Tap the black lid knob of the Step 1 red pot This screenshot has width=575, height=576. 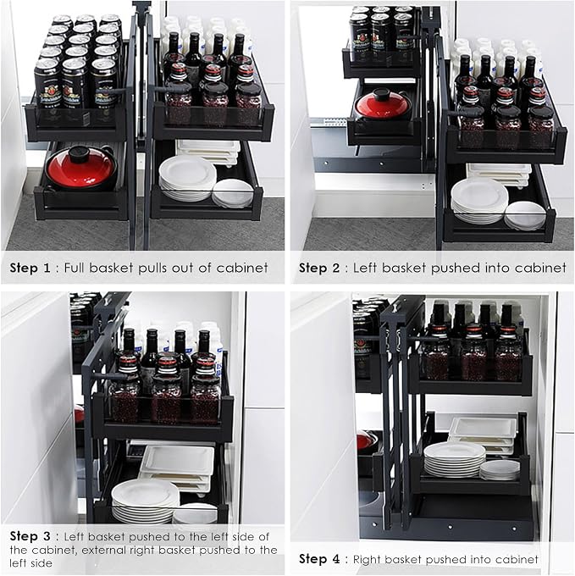[81, 154]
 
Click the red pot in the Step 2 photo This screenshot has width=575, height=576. [380, 104]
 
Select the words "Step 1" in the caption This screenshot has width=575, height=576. [30, 268]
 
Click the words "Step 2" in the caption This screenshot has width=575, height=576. [318, 268]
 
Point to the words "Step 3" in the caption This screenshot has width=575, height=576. [30, 536]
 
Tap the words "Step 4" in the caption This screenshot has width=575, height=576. [319, 559]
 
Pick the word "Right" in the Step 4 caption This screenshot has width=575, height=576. [367, 559]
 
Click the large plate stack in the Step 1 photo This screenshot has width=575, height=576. [188, 179]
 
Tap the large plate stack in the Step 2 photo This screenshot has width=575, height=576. [479, 201]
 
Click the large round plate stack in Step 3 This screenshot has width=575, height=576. [146, 501]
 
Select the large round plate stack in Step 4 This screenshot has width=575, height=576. [455, 459]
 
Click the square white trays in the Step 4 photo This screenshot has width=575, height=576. [483, 435]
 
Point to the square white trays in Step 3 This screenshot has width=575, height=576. [178, 468]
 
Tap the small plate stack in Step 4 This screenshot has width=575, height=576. [500, 470]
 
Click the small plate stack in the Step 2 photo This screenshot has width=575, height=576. [525, 216]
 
